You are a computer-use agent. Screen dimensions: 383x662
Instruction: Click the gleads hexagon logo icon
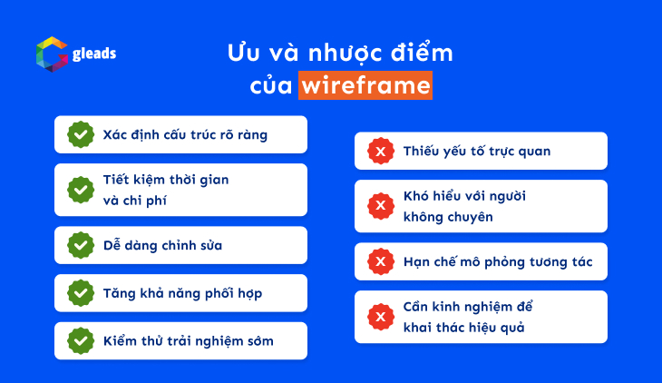pyautogui.click(x=52, y=54)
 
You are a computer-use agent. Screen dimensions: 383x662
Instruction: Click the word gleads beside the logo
pyautogui.click(x=94, y=54)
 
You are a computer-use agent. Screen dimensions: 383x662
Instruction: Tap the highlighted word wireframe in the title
pyautogui.click(x=365, y=85)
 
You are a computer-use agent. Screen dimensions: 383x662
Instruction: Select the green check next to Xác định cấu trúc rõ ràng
pyautogui.click(x=81, y=134)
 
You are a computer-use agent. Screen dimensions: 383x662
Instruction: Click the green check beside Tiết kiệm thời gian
pyautogui.click(x=81, y=190)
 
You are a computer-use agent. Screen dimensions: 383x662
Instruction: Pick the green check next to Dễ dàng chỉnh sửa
pyautogui.click(x=81, y=245)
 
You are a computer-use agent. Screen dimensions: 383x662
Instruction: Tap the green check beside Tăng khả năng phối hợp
pyautogui.click(x=81, y=293)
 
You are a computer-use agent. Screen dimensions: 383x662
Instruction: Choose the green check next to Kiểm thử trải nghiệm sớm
pyautogui.click(x=81, y=341)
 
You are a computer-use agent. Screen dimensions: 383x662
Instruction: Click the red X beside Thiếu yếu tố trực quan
pyautogui.click(x=380, y=152)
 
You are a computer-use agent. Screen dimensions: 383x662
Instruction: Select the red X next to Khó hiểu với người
pyautogui.click(x=380, y=207)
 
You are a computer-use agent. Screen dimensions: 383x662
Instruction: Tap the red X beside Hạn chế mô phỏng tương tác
pyautogui.click(x=380, y=262)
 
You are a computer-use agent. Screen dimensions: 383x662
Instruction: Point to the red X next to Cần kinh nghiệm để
pyautogui.click(x=380, y=317)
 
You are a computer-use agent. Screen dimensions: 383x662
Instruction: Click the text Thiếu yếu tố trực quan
pyautogui.click(x=477, y=152)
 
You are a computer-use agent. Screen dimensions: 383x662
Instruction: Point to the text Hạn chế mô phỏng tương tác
pyautogui.click(x=498, y=262)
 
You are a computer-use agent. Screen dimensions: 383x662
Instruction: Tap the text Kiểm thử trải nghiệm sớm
pyautogui.click(x=188, y=341)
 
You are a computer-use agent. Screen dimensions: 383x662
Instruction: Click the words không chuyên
pyautogui.click(x=448, y=217)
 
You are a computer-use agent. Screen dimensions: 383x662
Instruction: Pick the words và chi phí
pyautogui.click(x=135, y=200)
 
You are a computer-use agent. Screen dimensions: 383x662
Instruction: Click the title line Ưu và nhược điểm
pyautogui.click(x=339, y=53)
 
